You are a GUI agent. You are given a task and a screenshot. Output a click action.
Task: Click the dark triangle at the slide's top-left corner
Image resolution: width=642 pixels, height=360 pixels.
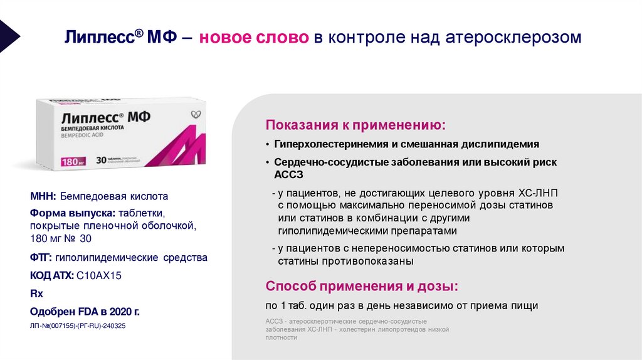click(x=8, y=35)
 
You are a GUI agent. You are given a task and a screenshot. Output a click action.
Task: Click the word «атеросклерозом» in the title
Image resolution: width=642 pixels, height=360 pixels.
click(x=513, y=38)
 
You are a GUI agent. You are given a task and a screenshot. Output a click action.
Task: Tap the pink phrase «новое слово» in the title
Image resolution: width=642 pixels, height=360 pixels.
click(x=254, y=38)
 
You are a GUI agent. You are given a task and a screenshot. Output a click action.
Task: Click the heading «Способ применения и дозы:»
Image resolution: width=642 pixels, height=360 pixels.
click(x=362, y=287)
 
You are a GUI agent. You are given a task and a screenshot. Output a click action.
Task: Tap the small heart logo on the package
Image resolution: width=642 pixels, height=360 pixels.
click(x=196, y=114)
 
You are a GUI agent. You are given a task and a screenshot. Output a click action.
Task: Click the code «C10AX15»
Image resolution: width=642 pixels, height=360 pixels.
click(x=100, y=275)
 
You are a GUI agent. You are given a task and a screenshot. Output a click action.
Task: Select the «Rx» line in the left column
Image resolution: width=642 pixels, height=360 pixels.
click(x=36, y=293)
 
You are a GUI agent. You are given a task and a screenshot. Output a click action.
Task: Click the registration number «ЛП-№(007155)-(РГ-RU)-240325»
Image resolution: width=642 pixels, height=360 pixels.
click(x=78, y=326)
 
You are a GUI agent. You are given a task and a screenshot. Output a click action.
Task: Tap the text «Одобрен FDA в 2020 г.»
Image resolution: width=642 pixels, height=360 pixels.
click(x=85, y=312)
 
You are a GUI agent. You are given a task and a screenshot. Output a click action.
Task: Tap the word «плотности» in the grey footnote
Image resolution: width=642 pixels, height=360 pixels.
click(x=281, y=337)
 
